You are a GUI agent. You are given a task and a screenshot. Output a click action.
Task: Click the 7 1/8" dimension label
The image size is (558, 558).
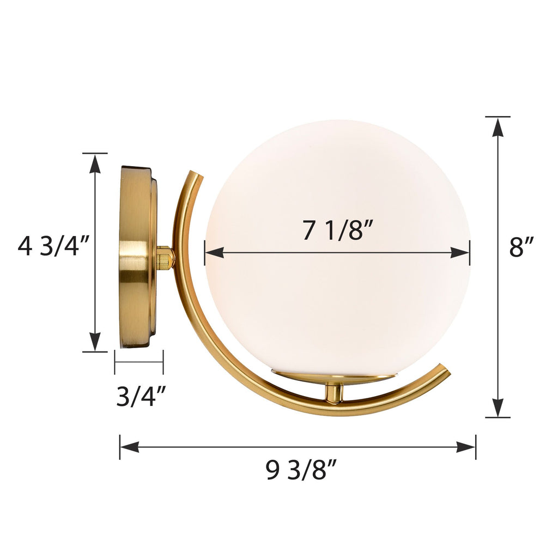[337, 231]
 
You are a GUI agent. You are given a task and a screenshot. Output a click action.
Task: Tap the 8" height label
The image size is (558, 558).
[521, 247]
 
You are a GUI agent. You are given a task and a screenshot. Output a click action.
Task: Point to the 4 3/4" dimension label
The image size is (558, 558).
[53, 247]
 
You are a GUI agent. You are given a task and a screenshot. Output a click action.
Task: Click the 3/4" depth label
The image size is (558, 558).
[141, 396]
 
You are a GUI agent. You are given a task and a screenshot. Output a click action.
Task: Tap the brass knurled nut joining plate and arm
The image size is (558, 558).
[164, 257]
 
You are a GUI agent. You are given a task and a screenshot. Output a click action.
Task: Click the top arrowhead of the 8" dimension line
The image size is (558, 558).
[498, 126]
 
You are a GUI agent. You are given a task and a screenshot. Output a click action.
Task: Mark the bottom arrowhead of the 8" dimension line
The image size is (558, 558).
[498, 408]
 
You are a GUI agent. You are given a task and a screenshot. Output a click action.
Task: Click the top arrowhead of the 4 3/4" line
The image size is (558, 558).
[95, 163]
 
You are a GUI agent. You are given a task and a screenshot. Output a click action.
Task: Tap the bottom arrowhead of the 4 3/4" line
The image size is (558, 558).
[95, 342]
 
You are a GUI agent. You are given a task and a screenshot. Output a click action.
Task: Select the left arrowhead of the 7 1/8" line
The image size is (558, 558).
[214, 252]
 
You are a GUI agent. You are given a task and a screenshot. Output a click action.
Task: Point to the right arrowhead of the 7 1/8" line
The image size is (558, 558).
[460, 252]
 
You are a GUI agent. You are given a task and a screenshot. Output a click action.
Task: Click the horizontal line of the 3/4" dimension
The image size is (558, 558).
[139, 361]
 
